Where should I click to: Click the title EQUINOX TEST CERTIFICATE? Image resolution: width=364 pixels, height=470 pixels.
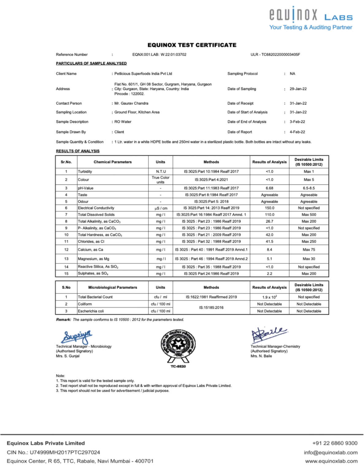click(x=192, y=45)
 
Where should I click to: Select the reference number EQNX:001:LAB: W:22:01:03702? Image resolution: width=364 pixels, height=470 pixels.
click(x=159, y=54)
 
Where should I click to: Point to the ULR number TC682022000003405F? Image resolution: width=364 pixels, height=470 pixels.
click(x=275, y=54)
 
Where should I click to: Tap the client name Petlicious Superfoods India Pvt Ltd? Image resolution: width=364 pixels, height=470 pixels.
click(x=143, y=74)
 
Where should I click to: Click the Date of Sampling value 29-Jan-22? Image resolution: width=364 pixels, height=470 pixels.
click(x=298, y=89)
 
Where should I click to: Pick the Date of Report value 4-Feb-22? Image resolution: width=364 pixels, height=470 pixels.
click(x=297, y=132)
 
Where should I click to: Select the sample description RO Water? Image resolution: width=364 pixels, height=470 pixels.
click(x=123, y=122)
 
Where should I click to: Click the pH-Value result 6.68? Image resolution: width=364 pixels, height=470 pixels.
click(x=269, y=188)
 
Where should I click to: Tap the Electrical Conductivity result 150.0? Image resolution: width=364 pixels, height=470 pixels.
click(x=269, y=208)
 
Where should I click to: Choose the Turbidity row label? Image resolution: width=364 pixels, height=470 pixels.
click(x=85, y=172)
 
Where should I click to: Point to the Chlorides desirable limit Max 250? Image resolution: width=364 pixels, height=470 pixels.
click(x=308, y=241)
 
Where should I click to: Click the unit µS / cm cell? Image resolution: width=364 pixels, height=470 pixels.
click(x=160, y=208)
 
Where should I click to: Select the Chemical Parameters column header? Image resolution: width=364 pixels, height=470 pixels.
click(x=113, y=162)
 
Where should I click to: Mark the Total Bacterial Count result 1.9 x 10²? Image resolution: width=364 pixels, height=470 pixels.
click(x=269, y=297)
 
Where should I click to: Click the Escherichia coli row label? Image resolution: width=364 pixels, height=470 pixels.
click(x=91, y=311)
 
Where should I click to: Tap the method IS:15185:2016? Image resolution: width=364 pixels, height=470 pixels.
click(x=211, y=308)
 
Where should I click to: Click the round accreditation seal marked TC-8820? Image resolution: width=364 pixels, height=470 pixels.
click(x=178, y=346)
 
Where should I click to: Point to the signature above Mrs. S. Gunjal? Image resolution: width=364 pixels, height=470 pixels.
click(x=77, y=337)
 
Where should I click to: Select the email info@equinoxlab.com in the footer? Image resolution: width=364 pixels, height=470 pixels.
click(x=331, y=452)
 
